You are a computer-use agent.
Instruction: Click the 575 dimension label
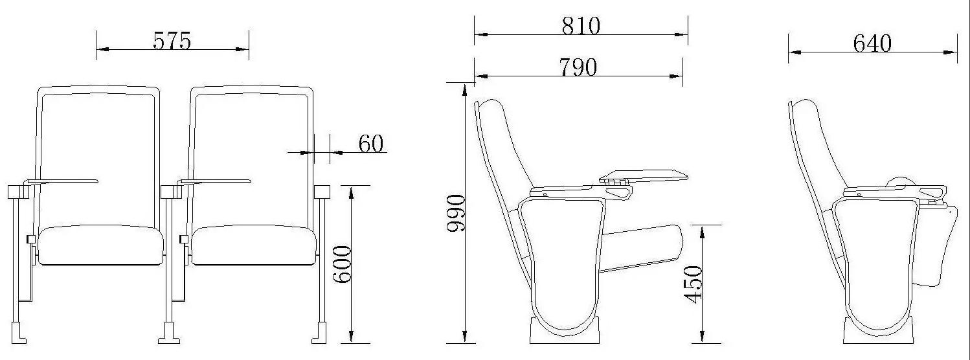(172, 41)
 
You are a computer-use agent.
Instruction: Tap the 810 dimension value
(581, 25)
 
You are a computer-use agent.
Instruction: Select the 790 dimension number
(578, 67)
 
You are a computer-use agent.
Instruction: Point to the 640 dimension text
(872, 43)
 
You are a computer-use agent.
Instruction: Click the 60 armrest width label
(371, 144)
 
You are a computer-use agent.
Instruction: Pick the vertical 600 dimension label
(342, 264)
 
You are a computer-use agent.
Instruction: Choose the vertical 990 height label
(456, 213)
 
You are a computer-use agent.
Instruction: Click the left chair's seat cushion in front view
(102, 245)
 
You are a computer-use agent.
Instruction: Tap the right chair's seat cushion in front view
(254, 245)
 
